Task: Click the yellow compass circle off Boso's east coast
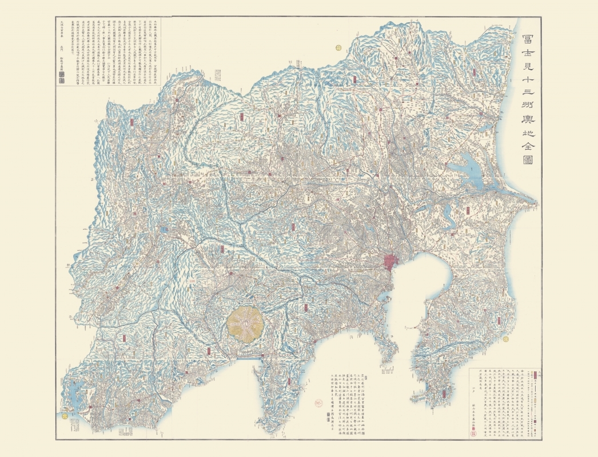(506, 338)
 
